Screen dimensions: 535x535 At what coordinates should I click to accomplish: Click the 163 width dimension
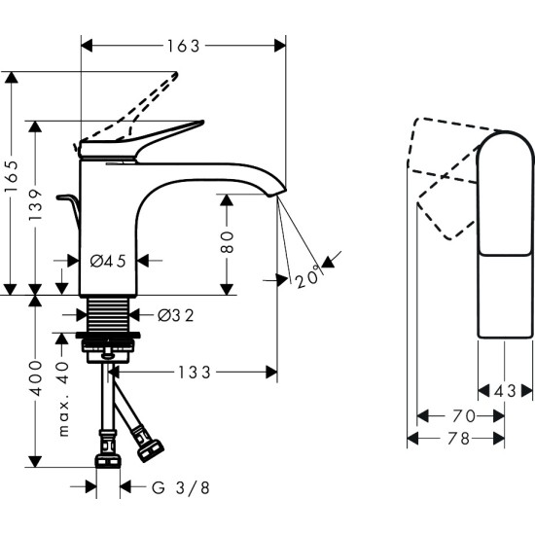pyautogui.click(x=182, y=46)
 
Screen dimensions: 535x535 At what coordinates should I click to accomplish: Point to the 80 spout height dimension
pyautogui.click(x=228, y=242)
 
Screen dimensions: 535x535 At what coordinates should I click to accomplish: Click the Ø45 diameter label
pyautogui.click(x=107, y=261)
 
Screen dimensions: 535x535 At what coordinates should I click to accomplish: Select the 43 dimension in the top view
pyautogui.click(x=505, y=391)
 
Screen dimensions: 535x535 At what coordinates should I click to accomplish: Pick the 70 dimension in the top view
pyautogui.click(x=460, y=416)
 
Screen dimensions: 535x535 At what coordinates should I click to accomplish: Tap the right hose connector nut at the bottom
pyautogui.click(x=152, y=449)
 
